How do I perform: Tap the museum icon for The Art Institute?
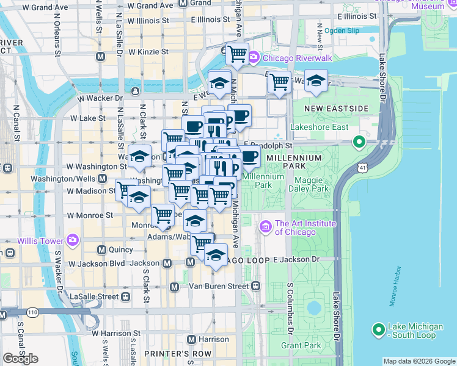click(x=266, y=228)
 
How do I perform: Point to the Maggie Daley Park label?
click(x=312, y=184)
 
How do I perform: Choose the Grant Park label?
click(x=301, y=346)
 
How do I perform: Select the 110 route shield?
click(x=32, y=313)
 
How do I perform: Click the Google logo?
click(x=21, y=359)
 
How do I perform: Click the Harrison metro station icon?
click(x=191, y=339)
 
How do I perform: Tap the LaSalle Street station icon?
click(x=125, y=296)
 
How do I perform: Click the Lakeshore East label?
click(x=320, y=127)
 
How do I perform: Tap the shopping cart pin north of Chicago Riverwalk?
click(x=236, y=53)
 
